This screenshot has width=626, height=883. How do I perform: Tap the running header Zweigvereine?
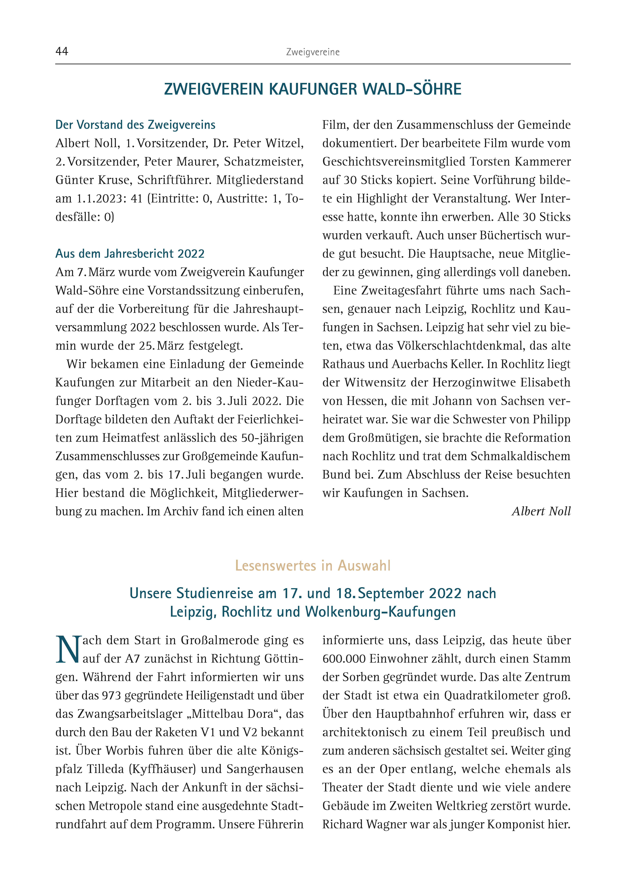click(313, 52)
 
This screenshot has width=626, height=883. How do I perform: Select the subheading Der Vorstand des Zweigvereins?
click(135, 125)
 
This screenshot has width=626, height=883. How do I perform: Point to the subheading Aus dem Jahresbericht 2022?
click(130, 253)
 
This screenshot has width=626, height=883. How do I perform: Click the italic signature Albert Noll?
click(541, 511)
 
